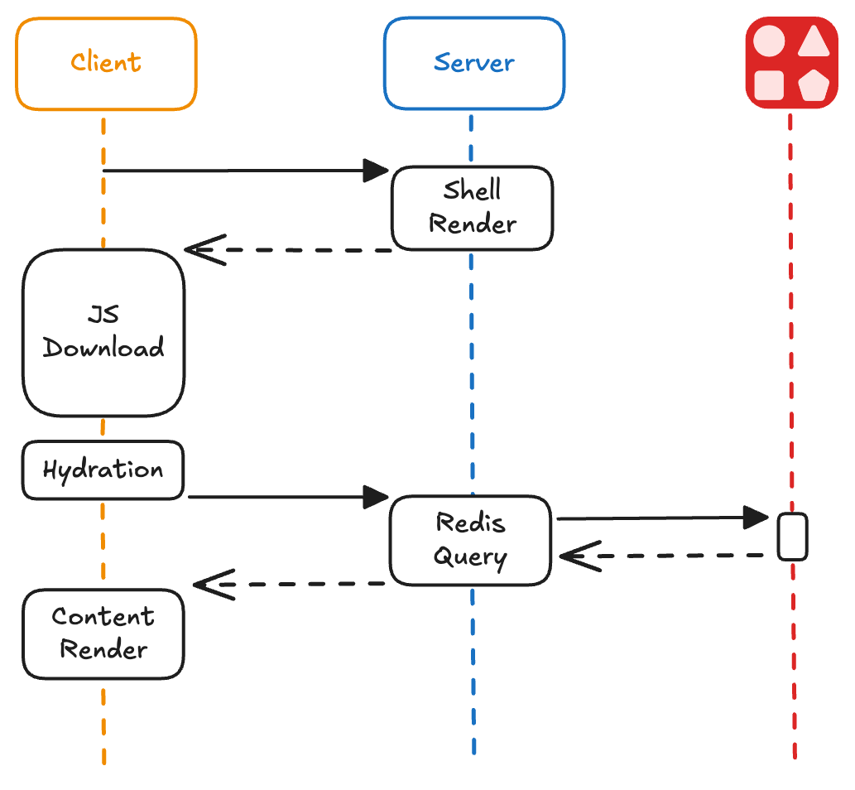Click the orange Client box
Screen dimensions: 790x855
click(106, 64)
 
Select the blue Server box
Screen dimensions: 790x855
click(473, 64)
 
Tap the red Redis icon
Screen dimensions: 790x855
click(791, 63)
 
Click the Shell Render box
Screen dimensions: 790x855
click(472, 208)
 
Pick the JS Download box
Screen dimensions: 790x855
click(103, 332)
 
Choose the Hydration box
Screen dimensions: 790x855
click(103, 470)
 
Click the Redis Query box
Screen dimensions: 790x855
click(470, 540)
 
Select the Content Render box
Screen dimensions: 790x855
click(103, 633)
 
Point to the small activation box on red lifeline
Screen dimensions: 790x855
click(792, 537)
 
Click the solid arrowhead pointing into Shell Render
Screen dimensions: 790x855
click(377, 171)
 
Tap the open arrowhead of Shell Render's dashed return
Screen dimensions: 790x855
click(203, 249)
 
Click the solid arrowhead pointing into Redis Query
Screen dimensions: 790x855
click(377, 497)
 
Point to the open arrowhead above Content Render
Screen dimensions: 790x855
click(212, 585)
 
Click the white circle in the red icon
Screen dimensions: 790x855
click(770, 41)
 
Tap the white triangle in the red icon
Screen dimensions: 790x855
click(814, 41)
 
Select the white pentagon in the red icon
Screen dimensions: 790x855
click(814, 84)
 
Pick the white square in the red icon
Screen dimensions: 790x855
click(770, 84)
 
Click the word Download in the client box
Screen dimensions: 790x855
click(103, 348)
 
